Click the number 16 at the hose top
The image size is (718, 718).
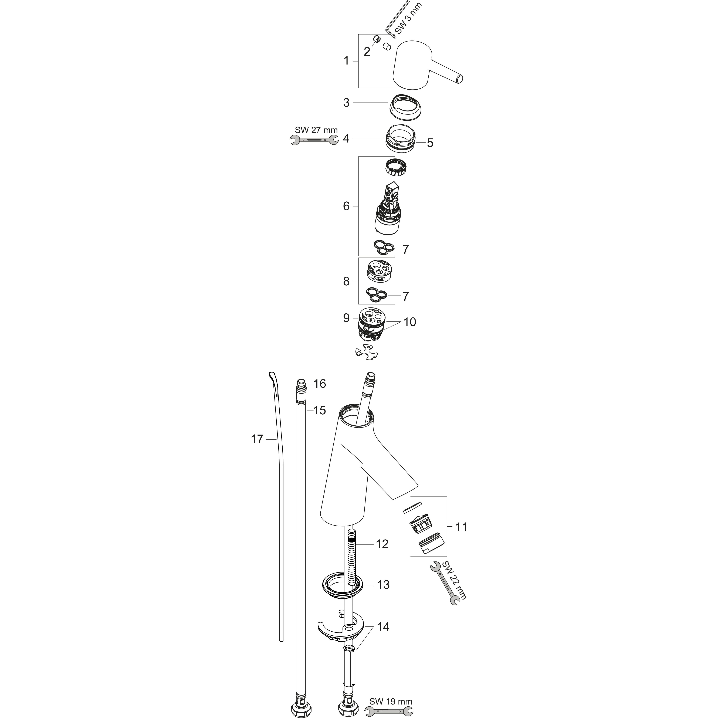coord(320,384)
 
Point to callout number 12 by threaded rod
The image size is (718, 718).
coord(382,544)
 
